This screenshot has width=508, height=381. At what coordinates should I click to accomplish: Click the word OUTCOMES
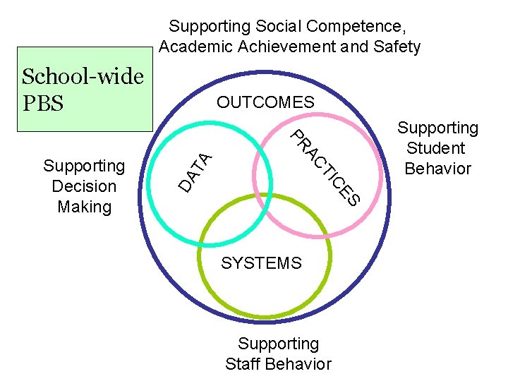265,102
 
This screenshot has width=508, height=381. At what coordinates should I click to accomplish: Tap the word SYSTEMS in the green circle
261,263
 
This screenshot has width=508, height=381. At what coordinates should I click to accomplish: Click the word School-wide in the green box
83,76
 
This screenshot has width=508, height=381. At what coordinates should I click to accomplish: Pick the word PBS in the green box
43,103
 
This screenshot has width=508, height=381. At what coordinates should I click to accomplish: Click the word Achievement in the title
271,47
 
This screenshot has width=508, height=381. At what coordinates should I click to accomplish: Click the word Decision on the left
84,186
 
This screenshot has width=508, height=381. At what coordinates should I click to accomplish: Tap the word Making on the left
84,207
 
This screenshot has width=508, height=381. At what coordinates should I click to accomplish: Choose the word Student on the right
436,148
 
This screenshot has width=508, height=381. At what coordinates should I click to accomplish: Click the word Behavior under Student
437,169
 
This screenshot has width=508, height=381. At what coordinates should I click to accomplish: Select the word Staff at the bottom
243,364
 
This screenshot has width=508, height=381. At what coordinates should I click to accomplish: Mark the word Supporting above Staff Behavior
278,344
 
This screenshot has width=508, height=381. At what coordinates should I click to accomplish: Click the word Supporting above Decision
84,166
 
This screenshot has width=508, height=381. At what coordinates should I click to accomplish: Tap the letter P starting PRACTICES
298,134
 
